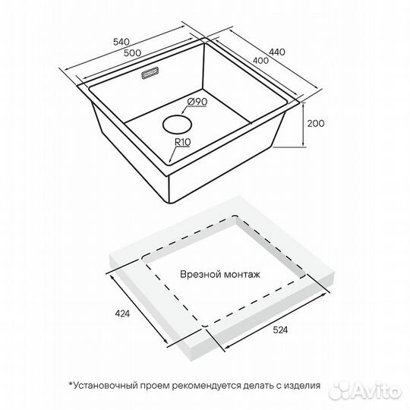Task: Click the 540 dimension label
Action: (121, 42)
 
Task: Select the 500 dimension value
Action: (132, 53)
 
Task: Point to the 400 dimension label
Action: (260, 61)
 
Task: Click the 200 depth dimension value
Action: (316, 123)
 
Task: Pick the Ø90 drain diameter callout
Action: (197, 102)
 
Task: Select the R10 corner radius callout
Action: (182, 142)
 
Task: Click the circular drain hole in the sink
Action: (177, 125)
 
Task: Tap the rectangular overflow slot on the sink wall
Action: (150, 73)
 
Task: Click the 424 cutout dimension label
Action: (122, 314)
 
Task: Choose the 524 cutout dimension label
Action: (280, 330)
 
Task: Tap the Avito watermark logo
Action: (365, 392)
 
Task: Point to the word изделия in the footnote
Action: (302, 386)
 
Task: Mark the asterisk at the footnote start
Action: (71, 384)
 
